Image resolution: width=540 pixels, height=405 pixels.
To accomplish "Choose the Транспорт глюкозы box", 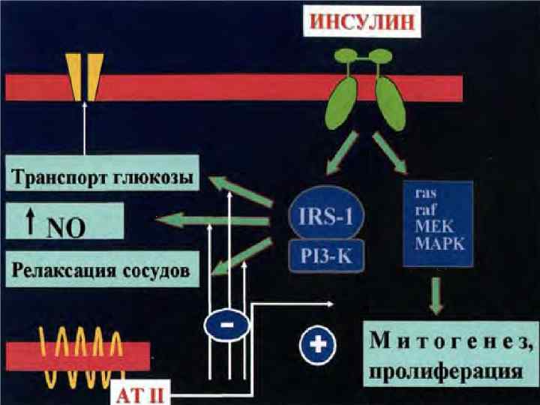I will tap(103, 178).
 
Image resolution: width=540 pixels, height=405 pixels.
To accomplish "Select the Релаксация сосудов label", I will tap(101, 268).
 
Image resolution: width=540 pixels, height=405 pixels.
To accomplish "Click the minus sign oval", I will tap(226, 325).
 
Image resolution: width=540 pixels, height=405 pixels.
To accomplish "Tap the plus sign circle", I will tap(315, 345).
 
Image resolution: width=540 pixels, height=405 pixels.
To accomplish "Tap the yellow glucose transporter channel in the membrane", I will tap(84, 76).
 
